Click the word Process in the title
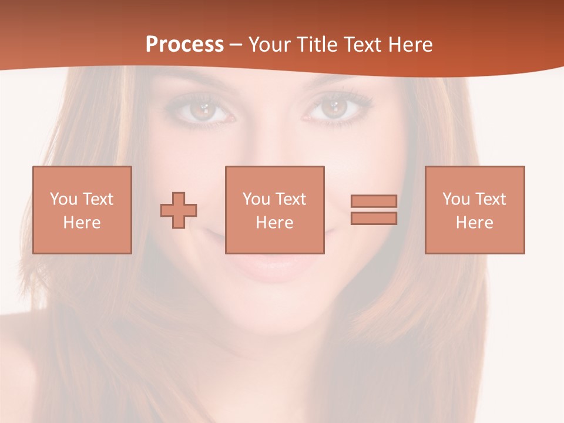(x=184, y=45)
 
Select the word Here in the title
(x=410, y=45)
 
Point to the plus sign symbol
(x=179, y=210)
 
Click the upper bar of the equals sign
(x=374, y=201)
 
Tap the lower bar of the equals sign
(x=374, y=219)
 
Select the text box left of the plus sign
(x=82, y=210)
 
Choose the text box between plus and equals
(x=274, y=210)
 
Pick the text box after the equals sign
(x=474, y=210)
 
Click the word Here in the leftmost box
(x=82, y=223)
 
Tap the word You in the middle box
(x=256, y=199)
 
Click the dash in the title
(x=236, y=45)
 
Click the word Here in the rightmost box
(x=474, y=223)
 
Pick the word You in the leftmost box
(x=63, y=199)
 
